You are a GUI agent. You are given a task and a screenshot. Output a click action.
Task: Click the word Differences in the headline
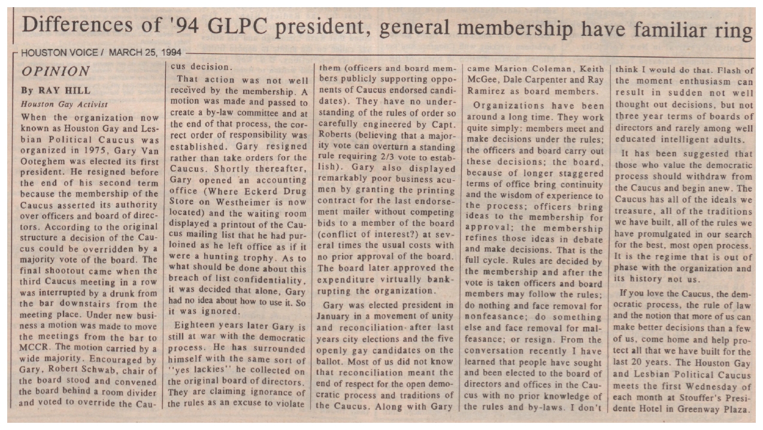(72, 26)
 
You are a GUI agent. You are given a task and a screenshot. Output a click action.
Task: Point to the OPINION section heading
(55, 71)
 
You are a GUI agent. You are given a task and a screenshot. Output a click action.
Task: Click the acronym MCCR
(36, 348)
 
